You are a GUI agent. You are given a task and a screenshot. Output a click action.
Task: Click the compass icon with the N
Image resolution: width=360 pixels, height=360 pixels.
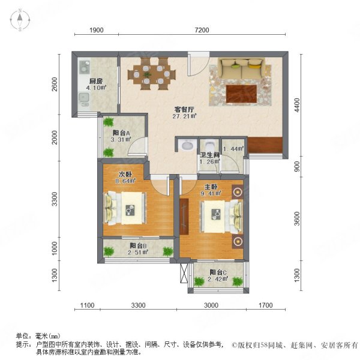coord(21,20)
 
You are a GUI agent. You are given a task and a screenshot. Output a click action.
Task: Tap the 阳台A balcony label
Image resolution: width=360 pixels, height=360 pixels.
coord(121,134)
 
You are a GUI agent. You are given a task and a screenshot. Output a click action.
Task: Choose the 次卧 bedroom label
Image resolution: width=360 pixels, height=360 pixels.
coord(125,175)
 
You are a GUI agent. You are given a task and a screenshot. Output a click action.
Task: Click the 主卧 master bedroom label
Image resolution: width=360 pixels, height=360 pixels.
coord(210,185)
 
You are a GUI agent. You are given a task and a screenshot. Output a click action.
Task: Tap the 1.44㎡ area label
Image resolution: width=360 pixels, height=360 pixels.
coord(233,149)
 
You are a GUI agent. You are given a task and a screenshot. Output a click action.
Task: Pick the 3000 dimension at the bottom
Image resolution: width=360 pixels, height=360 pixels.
coord(211,305)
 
